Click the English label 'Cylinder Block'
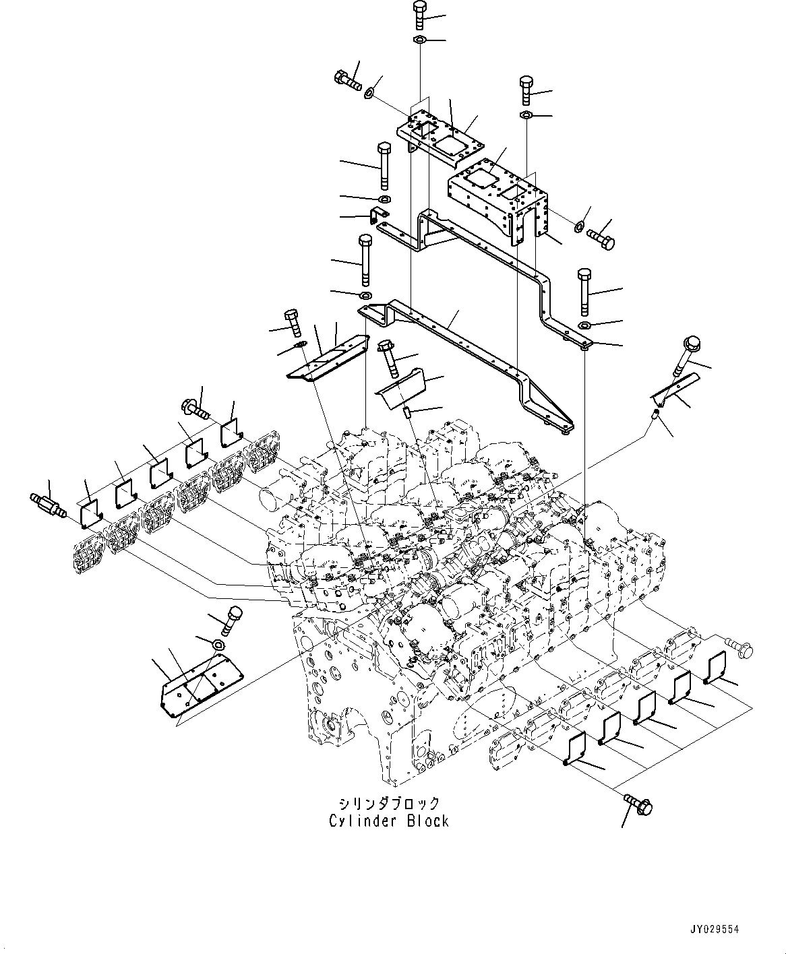(389, 821)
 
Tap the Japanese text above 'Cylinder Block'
(389, 803)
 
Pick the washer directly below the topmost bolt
(419, 41)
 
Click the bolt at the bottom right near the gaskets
(637, 802)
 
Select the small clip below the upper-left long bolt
(379, 217)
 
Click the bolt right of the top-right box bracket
(601, 238)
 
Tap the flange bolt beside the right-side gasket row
(736, 647)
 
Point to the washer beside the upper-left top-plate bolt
(370, 92)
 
